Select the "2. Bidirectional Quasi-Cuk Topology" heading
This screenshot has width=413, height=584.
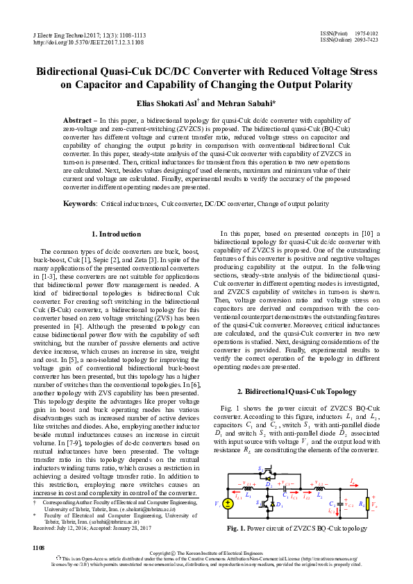(x=297, y=392)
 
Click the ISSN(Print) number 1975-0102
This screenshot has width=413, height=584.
(x=365, y=33)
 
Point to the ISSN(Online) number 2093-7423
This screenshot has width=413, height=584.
(x=365, y=40)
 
